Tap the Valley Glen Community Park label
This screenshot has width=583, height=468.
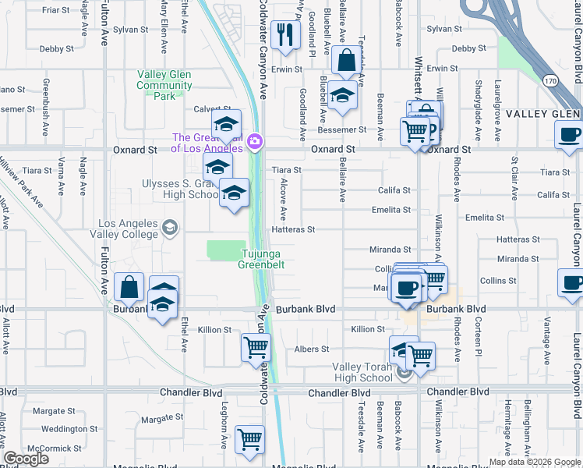pyautogui.click(x=164, y=85)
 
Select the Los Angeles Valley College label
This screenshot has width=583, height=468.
pyautogui.click(x=129, y=229)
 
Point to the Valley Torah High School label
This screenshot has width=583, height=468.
pyautogui.click(x=362, y=373)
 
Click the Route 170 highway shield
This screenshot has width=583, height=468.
pyautogui.click(x=551, y=80)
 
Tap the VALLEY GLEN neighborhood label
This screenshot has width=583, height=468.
pyautogui.click(x=543, y=114)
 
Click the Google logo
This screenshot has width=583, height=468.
pyautogui.click(x=26, y=459)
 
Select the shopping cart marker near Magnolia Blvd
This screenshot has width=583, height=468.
pyautogui.click(x=249, y=440)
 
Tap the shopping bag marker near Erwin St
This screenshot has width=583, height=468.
pyautogui.click(x=344, y=60)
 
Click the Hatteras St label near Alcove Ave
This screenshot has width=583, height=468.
pyautogui.click(x=293, y=229)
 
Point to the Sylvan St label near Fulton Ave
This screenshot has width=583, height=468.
pyautogui.click(x=130, y=30)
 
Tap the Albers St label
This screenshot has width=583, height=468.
pyautogui.click(x=312, y=349)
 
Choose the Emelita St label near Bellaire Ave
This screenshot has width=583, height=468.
pyautogui.click(x=390, y=210)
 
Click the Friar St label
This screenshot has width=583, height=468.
pyautogui.click(x=56, y=10)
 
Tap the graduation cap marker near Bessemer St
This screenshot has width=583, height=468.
pyautogui.click(x=341, y=96)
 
